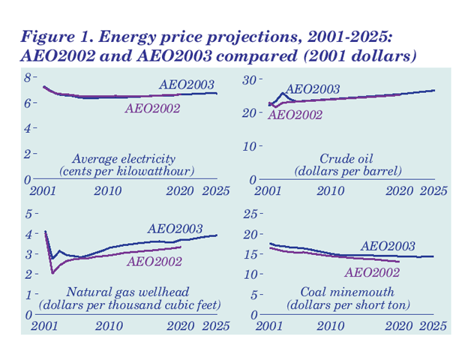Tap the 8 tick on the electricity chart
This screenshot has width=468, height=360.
(x=28, y=77)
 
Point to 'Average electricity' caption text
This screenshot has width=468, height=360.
(x=124, y=159)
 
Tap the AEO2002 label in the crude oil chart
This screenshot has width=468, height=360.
(x=295, y=115)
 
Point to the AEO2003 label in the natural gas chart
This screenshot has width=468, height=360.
(x=175, y=229)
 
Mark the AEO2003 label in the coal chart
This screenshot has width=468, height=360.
(x=388, y=245)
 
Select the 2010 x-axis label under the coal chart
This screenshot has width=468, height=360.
(x=331, y=326)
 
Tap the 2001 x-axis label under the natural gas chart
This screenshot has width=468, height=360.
(x=45, y=326)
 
